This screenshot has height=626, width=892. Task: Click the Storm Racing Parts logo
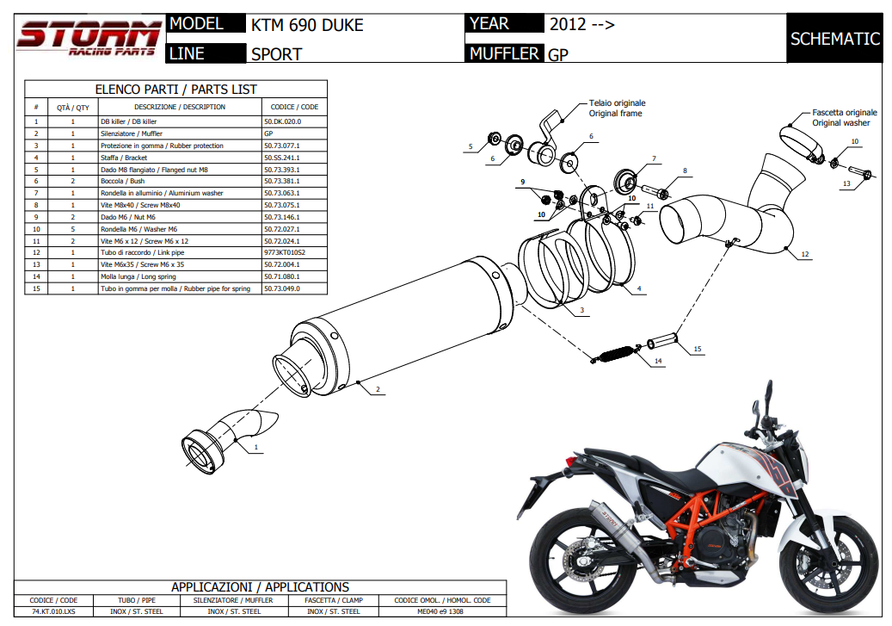point(88,38)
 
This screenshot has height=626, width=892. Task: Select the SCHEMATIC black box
point(834,39)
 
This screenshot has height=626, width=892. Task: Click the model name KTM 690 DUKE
point(307,25)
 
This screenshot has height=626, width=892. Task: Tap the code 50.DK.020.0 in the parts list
point(282,122)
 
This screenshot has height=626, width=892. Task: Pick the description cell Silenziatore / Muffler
point(132,134)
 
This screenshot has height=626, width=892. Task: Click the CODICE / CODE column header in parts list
point(294,107)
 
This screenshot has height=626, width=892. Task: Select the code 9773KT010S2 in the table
point(286,253)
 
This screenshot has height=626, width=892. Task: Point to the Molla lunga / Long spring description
point(138,276)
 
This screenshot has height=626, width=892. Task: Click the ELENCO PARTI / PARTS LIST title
point(175,89)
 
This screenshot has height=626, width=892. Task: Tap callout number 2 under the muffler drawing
point(377,390)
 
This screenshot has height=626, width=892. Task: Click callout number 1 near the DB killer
point(255,448)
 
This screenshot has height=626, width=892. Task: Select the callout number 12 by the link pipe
point(804,254)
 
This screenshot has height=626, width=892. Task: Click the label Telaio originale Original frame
point(616,108)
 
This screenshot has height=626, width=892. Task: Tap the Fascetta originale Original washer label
point(844,117)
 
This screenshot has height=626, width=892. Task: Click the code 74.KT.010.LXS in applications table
point(53,611)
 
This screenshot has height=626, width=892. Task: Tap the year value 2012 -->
point(581,25)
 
